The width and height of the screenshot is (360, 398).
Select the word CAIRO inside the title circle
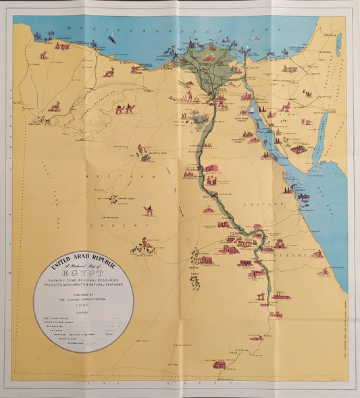(84, 305)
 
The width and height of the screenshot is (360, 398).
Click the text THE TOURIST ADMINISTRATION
(84, 300)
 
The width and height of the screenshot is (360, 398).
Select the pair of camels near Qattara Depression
(123, 109)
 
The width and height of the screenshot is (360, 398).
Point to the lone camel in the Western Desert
(148, 210)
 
